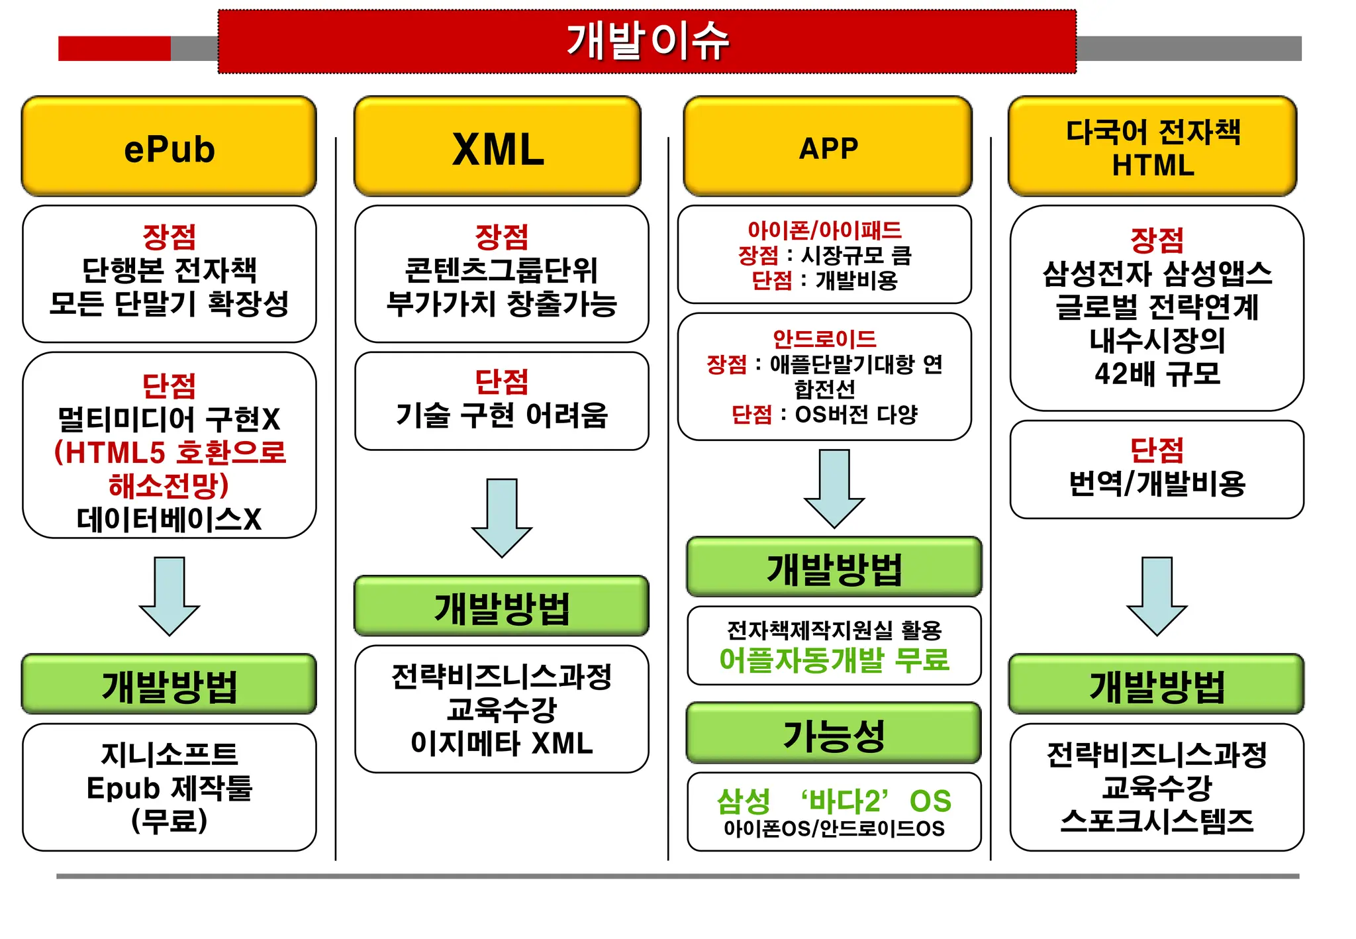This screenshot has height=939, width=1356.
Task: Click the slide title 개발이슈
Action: tap(647, 41)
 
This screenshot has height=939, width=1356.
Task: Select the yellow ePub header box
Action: tap(169, 147)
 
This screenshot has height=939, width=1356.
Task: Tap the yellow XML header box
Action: tap(498, 147)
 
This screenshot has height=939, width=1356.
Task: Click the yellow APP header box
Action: tap(828, 147)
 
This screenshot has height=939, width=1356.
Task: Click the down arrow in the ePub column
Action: tap(169, 596)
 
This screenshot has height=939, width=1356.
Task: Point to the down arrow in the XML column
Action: tap(502, 518)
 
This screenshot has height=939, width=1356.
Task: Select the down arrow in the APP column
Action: tap(834, 489)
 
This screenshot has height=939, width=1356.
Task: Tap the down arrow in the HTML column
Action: tap(1157, 596)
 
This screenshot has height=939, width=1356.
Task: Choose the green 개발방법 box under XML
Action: tap(501, 607)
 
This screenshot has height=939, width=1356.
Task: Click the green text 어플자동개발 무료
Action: tap(834, 660)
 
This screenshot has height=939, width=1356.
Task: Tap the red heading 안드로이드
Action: tap(824, 339)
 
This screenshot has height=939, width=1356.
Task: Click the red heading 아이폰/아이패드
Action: tap(824, 230)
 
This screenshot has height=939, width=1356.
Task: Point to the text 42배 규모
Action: tap(1157, 374)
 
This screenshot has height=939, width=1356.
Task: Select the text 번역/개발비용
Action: tap(1157, 484)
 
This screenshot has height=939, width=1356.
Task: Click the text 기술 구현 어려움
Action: tap(501, 416)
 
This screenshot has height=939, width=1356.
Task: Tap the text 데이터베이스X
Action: tap(169, 520)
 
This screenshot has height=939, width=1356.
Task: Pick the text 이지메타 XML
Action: tap(501, 743)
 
